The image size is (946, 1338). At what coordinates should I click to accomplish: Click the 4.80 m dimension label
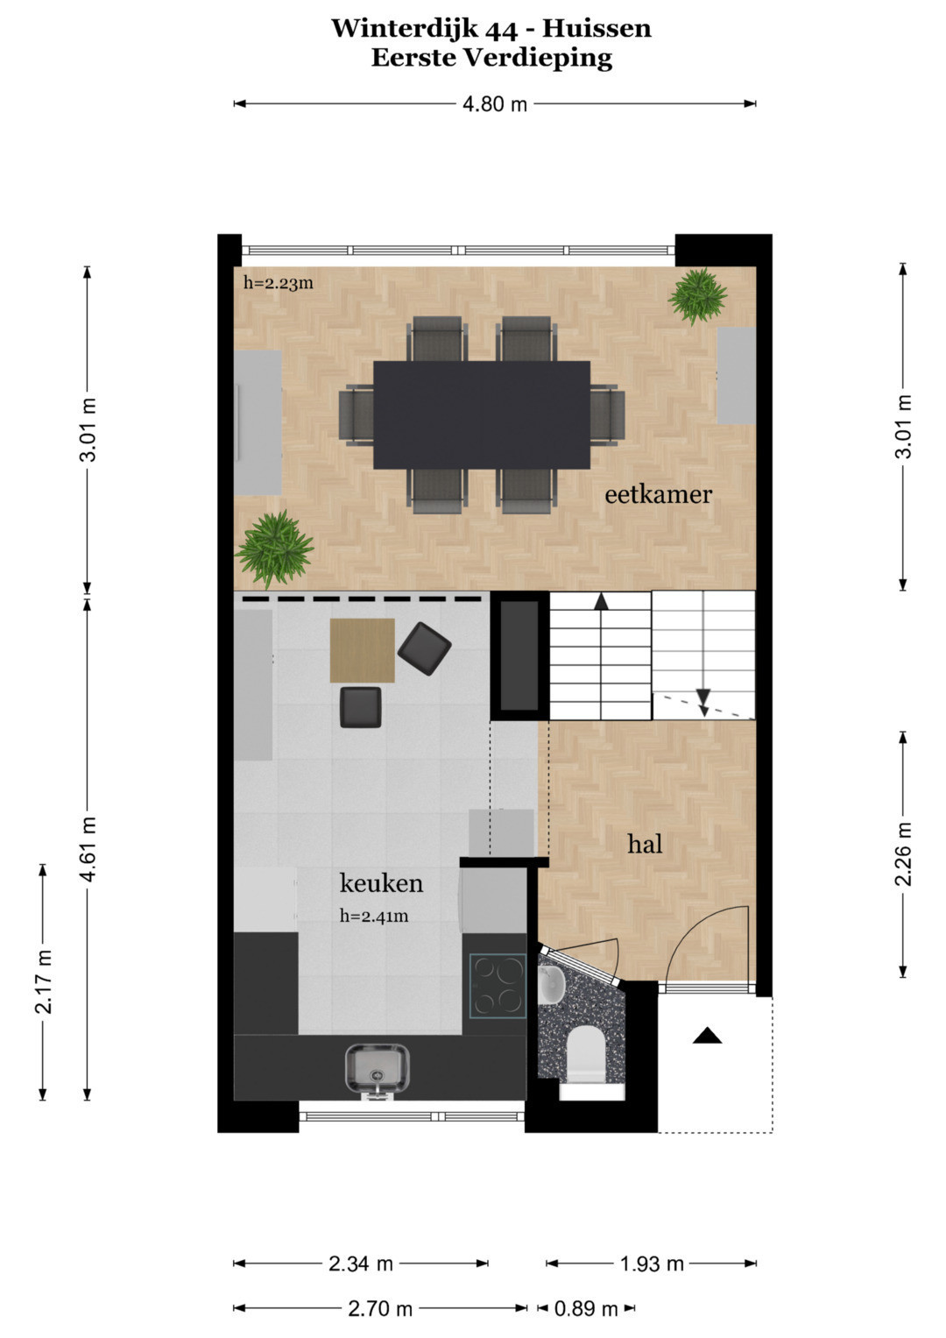click(495, 104)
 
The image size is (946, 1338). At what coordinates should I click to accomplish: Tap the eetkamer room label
click(658, 494)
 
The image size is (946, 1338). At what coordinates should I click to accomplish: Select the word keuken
click(381, 883)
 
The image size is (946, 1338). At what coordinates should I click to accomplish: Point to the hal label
click(645, 844)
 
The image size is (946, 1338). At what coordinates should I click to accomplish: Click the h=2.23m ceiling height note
click(279, 282)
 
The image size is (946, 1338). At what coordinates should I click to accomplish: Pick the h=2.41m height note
click(374, 916)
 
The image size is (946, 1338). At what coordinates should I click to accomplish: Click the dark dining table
click(482, 414)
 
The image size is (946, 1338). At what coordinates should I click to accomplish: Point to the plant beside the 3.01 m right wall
click(697, 296)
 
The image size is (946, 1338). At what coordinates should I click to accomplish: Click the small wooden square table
click(362, 650)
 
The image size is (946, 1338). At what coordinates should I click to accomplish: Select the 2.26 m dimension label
click(903, 854)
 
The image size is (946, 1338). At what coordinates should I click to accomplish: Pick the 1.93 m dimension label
click(652, 1264)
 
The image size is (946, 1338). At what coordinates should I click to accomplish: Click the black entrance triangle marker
click(707, 1035)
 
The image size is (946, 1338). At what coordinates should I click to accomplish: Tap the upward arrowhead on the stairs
click(601, 601)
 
